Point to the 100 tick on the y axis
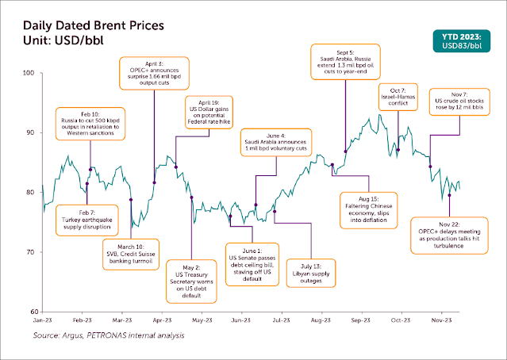[x=33, y=73]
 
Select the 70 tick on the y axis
[x=33, y=252]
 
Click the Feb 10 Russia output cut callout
[x=91, y=124]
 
